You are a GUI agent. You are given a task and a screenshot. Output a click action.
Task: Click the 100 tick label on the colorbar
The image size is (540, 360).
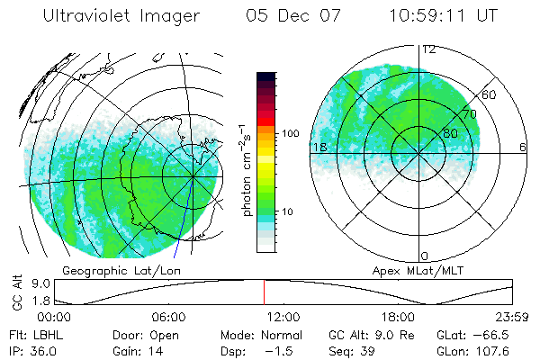coord(290,133)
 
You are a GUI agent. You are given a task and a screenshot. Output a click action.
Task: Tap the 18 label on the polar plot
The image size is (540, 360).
coord(318,147)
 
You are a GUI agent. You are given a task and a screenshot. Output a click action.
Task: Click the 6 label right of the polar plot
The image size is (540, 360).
coord(523,147)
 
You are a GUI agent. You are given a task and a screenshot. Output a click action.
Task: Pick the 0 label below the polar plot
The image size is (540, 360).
coord(425,256)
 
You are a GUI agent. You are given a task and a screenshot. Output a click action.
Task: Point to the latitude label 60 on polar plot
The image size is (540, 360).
coord(490,94)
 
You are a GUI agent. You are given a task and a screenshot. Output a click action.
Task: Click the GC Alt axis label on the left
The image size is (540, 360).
coord(16,291)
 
